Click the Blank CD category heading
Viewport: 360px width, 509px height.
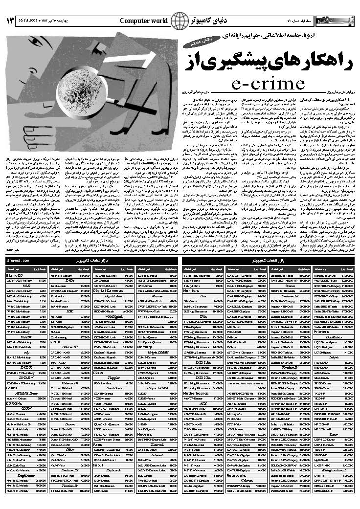coord(16,276)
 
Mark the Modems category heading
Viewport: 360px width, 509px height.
coord(144,420)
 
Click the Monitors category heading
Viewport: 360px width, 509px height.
coord(192,290)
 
